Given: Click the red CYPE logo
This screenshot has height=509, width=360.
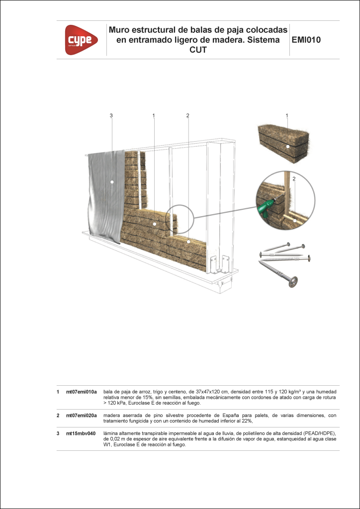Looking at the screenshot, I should tap(79, 40).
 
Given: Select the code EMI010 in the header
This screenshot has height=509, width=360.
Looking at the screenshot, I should tap(308, 40).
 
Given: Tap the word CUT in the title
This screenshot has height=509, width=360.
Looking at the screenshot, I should tap(198, 50).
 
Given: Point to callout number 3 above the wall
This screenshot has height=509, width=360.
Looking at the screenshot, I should tap(111, 116).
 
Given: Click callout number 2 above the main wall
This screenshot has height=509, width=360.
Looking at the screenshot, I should tap(188, 116).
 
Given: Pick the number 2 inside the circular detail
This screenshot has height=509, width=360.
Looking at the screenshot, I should tap(294, 178).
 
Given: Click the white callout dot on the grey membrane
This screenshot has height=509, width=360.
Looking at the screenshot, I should tap(112, 182).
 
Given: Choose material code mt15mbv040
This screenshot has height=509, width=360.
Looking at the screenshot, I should tap(81, 433).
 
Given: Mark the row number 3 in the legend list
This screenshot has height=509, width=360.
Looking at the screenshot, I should tap(59, 433).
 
